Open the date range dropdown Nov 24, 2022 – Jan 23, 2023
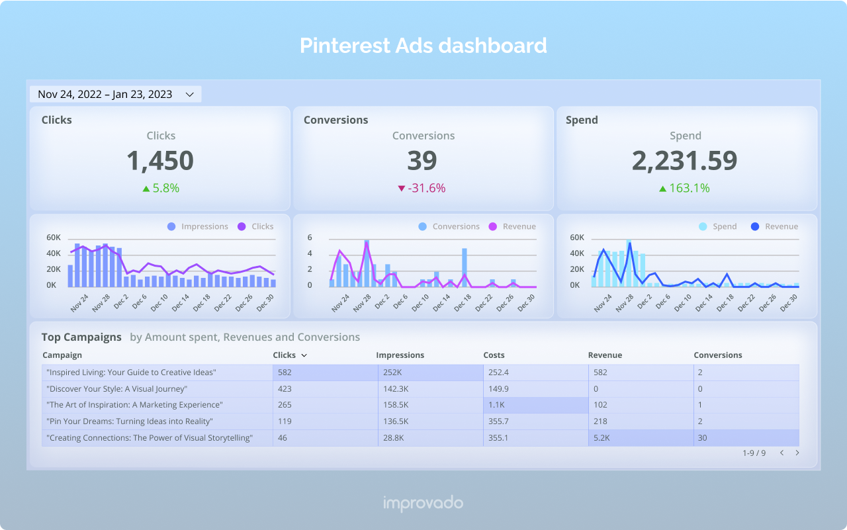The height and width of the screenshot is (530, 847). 115,95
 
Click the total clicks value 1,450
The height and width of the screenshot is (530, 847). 160,161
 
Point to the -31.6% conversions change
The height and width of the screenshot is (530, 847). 422,188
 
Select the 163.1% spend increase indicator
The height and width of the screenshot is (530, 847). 684,188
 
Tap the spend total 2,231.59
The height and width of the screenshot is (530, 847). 684,161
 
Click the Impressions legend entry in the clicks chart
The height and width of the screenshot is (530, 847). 198,226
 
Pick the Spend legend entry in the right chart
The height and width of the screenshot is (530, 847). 717,226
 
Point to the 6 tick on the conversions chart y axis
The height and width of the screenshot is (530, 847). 310,238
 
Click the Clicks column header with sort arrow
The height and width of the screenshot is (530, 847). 290,355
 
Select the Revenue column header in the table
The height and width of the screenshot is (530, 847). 605,355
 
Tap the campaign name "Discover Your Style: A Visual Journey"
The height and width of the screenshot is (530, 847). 117,389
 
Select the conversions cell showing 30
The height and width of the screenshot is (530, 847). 703,437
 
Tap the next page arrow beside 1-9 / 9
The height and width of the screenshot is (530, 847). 797,453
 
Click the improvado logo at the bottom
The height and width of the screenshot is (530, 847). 423,504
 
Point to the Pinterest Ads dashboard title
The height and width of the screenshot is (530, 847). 423,46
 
